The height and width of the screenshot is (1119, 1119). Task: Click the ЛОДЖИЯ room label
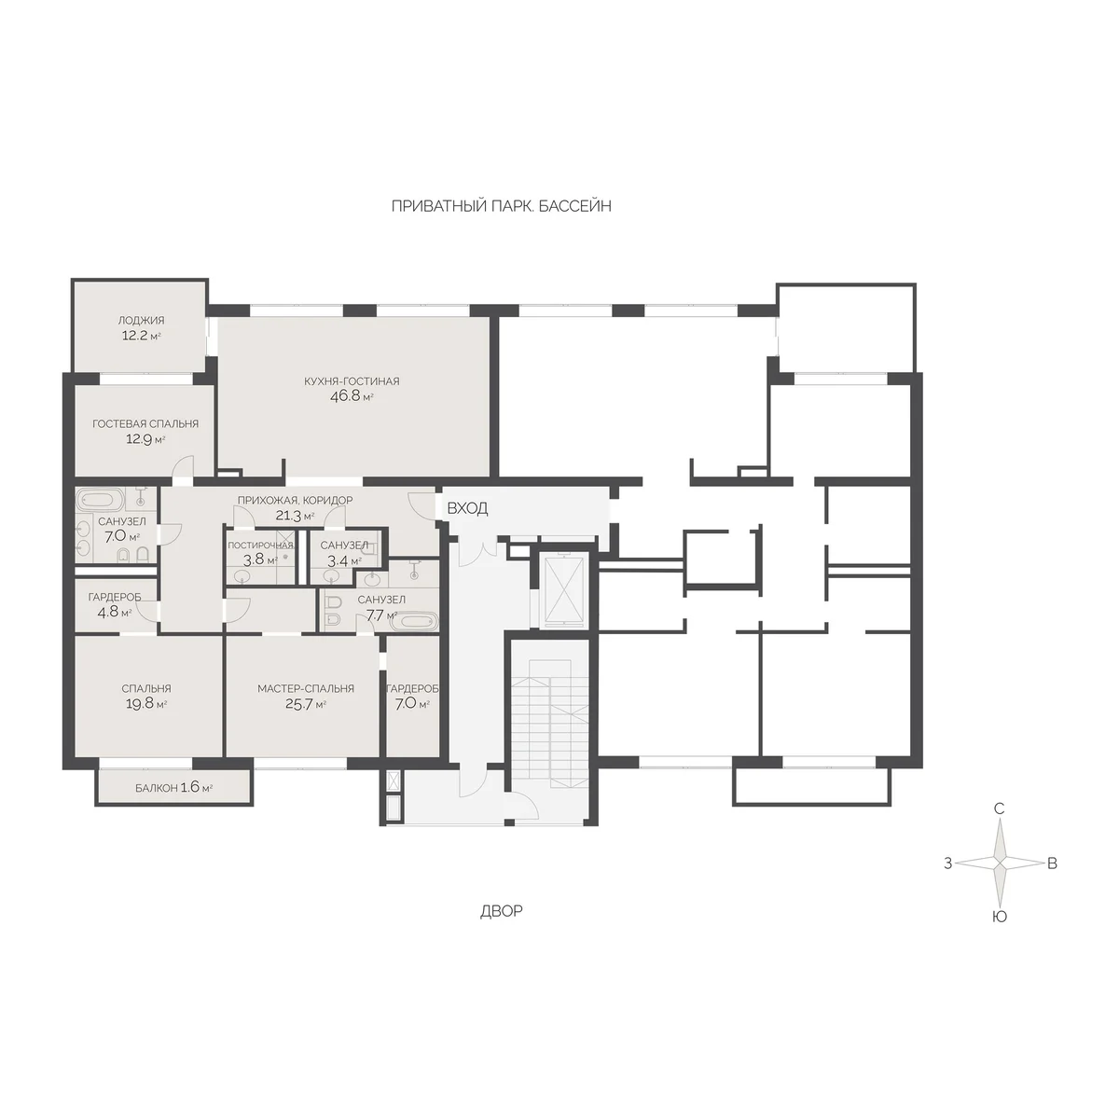(x=141, y=320)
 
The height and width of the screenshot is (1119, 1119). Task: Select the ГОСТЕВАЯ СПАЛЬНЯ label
(x=145, y=424)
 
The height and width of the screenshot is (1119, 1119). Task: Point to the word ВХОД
(x=467, y=509)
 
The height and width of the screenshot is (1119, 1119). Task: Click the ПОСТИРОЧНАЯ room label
(x=261, y=546)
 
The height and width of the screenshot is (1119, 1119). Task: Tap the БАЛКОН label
(x=157, y=788)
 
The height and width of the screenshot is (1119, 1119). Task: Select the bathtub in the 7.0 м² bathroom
(x=101, y=500)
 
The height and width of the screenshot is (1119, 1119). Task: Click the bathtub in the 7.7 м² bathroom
(x=413, y=622)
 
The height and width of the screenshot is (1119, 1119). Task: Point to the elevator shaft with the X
(x=560, y=590)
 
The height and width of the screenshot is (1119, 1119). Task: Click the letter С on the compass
(x=1000, y=808)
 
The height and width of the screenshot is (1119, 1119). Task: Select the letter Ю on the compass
(x=1000, y=917)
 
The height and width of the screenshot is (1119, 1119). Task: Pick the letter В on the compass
(x=1052, y=863)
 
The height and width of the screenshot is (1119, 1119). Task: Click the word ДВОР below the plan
(x=501, y=911)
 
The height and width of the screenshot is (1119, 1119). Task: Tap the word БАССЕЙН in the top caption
(x=575, y=206)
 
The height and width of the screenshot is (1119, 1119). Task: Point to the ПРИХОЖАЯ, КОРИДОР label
(x=295, y=500)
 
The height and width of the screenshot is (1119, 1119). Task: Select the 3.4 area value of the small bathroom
(x=337, y=560)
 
